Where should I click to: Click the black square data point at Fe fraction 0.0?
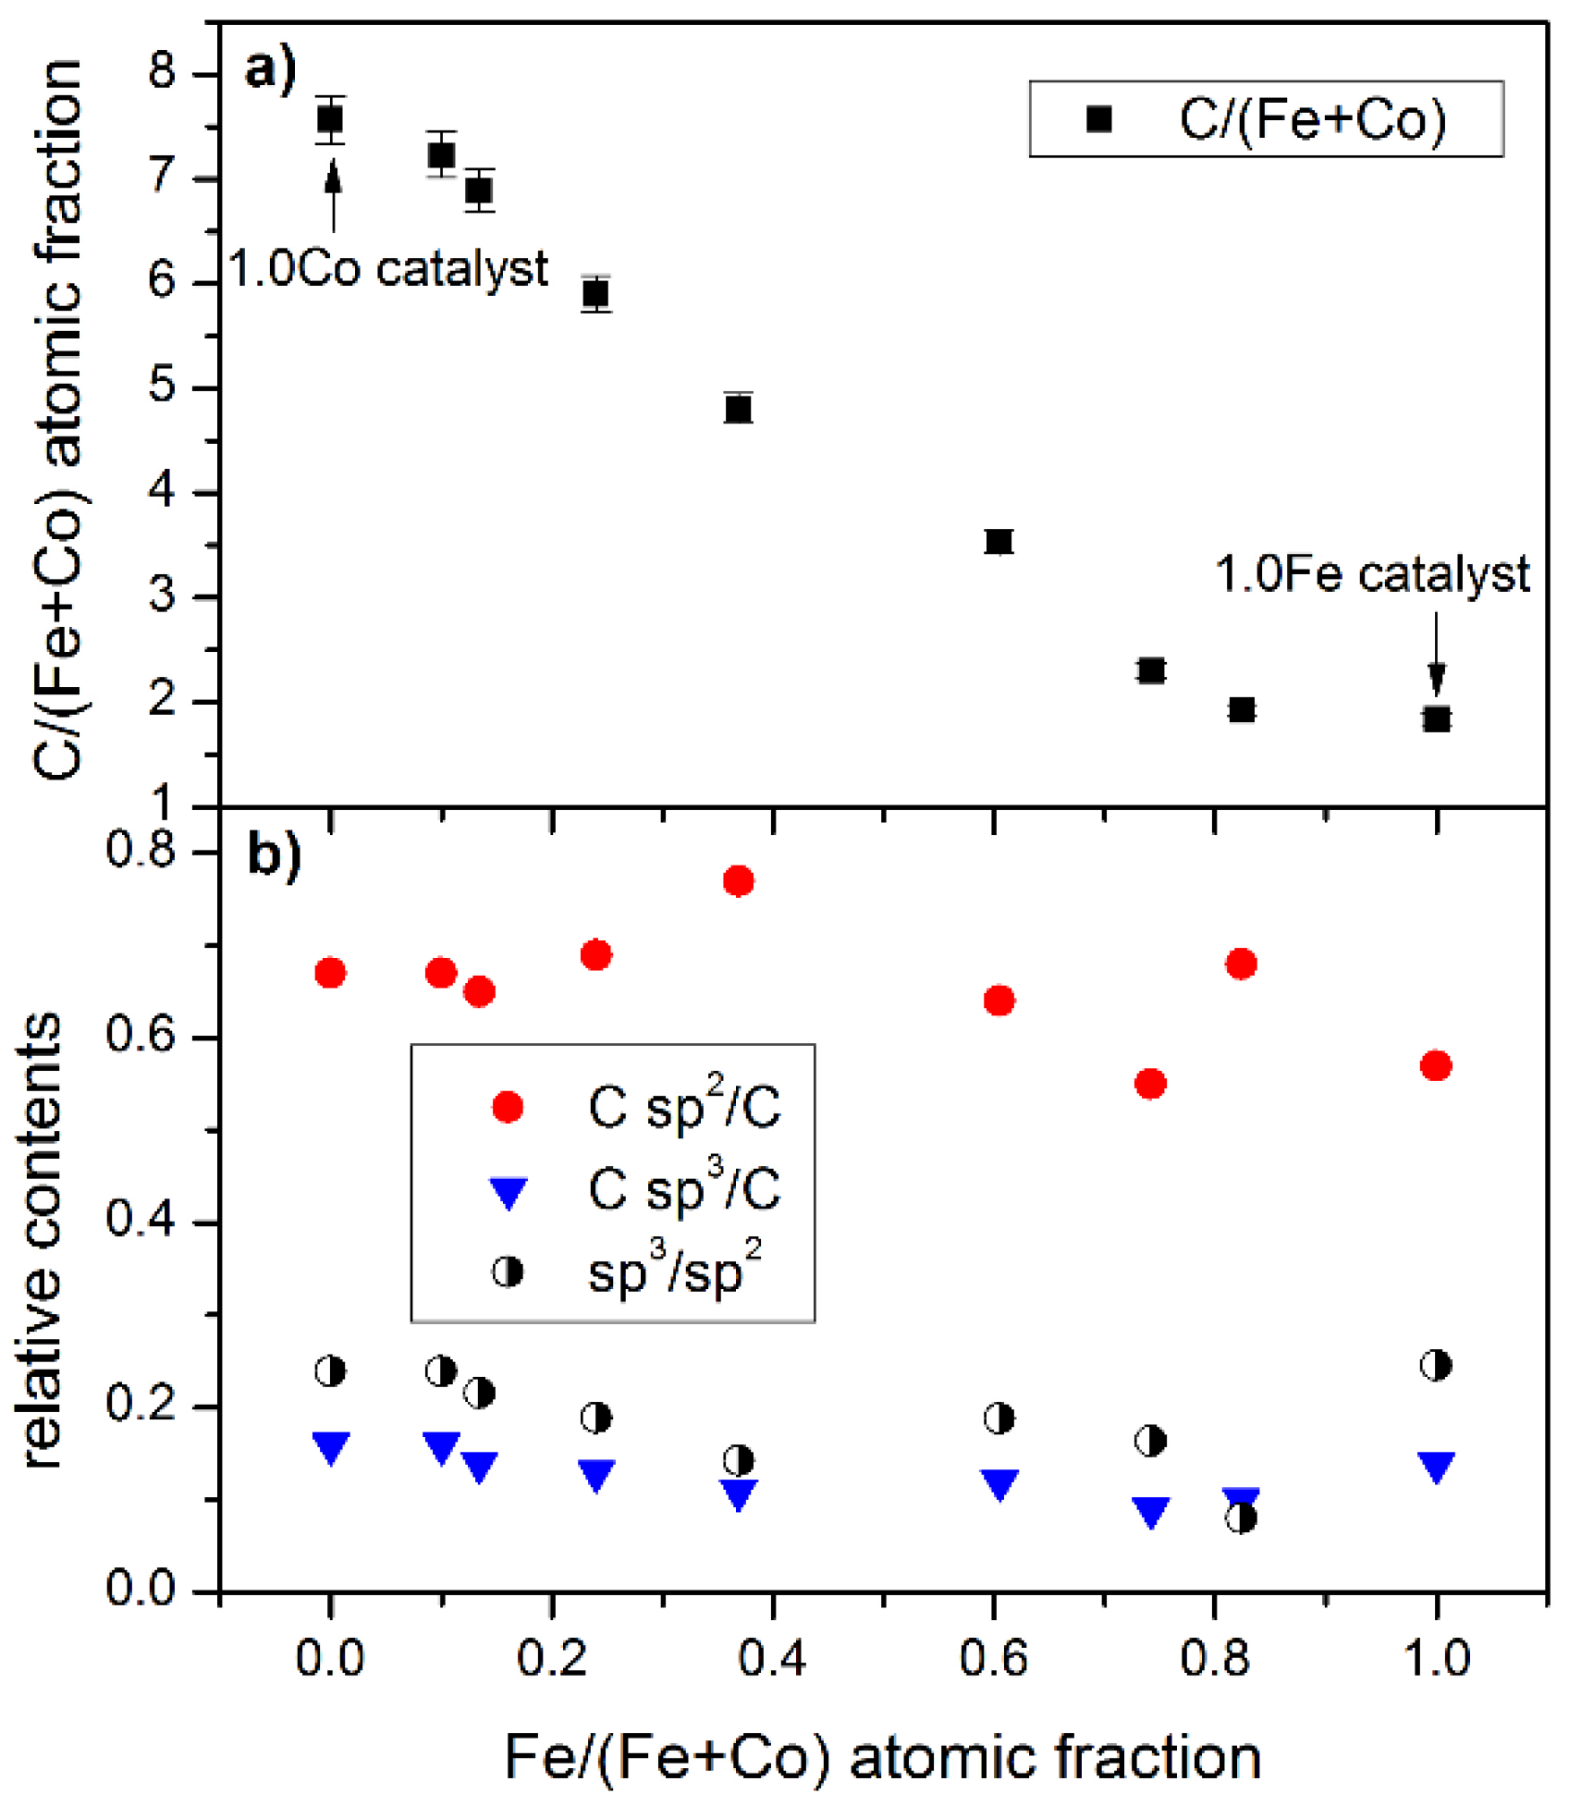pyautogui.click(x=330, y=119)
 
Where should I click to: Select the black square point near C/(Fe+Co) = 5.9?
pyautogui.click(x=596, y=294)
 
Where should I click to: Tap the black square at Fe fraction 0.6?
pyautogui.click(x=999, y=541)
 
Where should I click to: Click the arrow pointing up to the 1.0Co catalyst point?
pyautogui.click(x=334, y=194)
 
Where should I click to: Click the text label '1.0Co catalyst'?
pyautogui.click(x=388, y=269)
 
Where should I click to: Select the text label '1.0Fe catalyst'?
pyautogui.click(x=1372, y=574)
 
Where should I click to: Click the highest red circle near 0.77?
pyautogui.click(x=738, y=880)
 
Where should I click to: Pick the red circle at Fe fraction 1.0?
pyautogui.click(x=1436, y=1065)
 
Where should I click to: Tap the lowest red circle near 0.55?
pyautogui.click(x=1150, y=1083)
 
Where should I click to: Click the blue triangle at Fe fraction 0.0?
pyautogui.click(x=330, y=1446)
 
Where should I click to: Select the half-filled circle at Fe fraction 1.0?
pyautogui.click(x=1436, y=1365)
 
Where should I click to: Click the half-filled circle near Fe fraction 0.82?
pyautogui.click(x=1241, y=1517)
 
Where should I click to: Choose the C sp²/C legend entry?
pyautogui.click(x=638, y=1106)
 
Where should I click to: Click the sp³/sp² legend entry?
pyautogui.click(x=629, y=1272)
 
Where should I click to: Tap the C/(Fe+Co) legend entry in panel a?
pyautogui.click(x=1267, y=119)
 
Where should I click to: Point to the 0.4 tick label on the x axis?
pyautogui.click(x=772, y=1657)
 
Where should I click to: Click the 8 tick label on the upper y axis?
pyautogui.click(x=163, y=72)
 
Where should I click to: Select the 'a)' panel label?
pyautogui.click(x=270, y=68)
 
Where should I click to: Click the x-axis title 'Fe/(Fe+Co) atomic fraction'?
pyautogui.click(x=883, y=1758)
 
